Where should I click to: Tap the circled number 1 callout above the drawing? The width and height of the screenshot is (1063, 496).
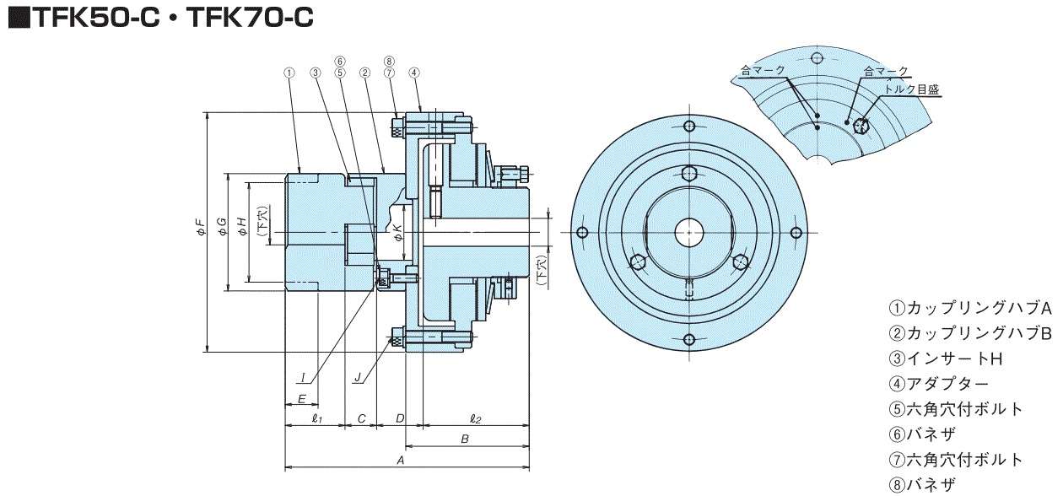pos(289,73)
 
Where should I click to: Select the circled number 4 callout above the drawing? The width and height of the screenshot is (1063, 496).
pos(414,73)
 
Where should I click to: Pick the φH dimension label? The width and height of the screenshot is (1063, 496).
pos(241,226)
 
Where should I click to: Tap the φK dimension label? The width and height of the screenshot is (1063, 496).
pos(397,229)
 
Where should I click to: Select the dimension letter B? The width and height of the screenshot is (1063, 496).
pos(464,439)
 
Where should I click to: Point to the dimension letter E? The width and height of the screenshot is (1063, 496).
pos(301,397)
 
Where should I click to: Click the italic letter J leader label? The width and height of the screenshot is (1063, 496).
pos(359,378)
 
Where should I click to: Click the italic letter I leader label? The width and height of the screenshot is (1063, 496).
pos(301,378)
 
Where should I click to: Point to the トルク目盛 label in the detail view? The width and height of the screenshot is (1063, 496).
pos(911,89)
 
